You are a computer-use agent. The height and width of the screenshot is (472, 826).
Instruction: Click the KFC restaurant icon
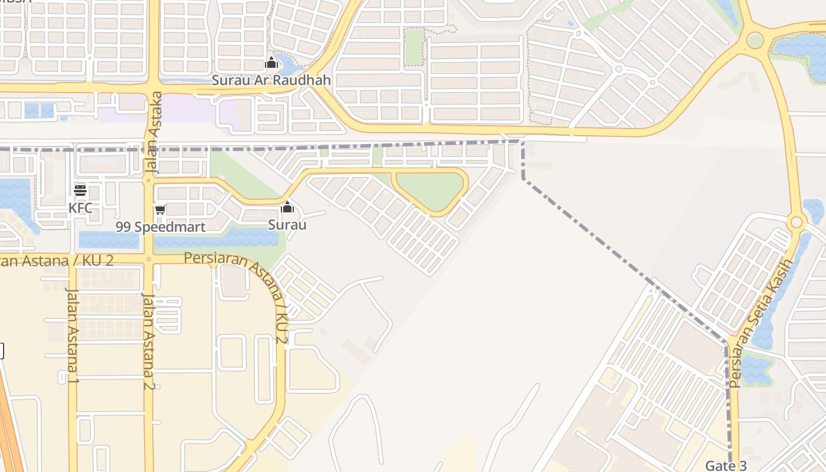80,190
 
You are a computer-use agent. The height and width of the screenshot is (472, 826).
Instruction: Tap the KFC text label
80,208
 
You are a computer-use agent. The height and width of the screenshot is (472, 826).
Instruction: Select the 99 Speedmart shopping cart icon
160,209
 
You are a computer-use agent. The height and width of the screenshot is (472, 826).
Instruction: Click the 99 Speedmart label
160,227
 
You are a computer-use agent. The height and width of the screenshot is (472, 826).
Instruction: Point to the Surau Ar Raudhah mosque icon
271,63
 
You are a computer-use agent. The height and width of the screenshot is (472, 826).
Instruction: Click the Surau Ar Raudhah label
271,80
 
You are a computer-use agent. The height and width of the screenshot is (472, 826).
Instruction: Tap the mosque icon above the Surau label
287,207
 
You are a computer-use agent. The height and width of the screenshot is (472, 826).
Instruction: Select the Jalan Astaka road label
153,132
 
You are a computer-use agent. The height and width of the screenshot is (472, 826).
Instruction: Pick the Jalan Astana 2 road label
149,341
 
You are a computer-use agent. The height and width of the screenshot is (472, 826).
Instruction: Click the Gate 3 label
726,466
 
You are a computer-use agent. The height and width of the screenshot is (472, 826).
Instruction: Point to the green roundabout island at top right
755,41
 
